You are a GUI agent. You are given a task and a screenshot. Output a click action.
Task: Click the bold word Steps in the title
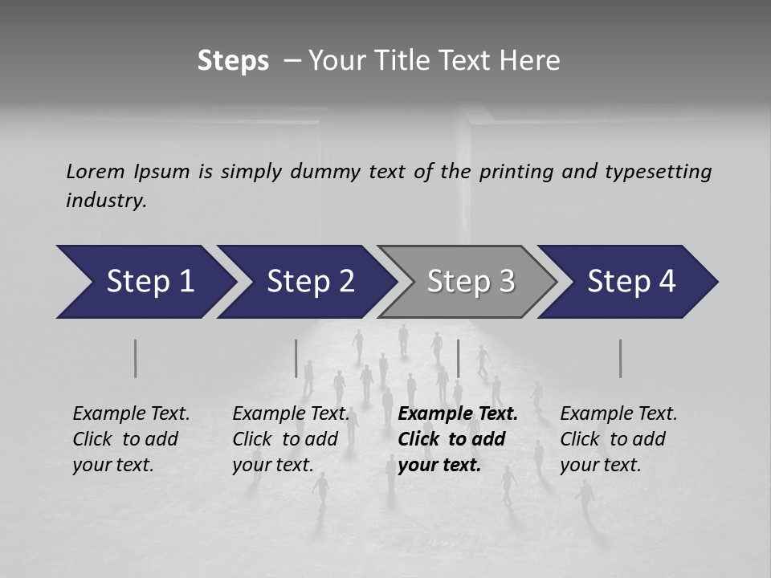(x=233, y=61)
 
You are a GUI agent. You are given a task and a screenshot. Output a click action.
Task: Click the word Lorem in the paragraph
(x=94, y=172)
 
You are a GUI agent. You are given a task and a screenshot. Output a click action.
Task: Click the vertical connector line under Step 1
(x=136, y=358)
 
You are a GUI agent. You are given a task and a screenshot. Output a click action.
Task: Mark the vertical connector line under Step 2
(x=296, y=358)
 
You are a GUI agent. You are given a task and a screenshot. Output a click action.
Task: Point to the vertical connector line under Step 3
(x=458, y=358)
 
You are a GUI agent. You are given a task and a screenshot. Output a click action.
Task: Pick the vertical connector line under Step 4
(x=620, y=358)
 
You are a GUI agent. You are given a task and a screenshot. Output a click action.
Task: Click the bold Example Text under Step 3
(x=458, y=414)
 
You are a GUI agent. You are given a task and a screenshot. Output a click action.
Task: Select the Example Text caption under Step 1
(x=131, y=414)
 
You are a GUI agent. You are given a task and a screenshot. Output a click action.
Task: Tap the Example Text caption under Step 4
(x=618, y=414)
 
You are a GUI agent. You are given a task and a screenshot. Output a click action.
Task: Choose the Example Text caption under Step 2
(x=291, y=414)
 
